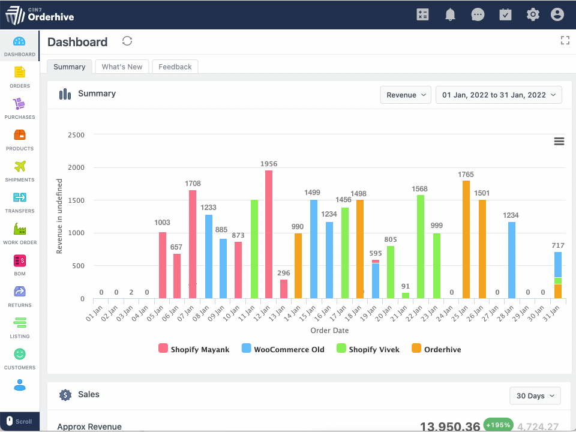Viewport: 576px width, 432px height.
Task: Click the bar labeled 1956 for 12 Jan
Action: click(x=268, y=234)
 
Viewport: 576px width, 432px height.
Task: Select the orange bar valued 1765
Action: click(x=466, y=239)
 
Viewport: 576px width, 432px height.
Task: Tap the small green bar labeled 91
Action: click(x=406, y=295)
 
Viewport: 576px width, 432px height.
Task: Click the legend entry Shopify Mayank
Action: click(x=194, y=349)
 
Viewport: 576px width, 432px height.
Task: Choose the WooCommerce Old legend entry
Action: click(x=283, y=349)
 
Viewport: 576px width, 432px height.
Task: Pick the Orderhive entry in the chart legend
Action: click(x=436, y=349)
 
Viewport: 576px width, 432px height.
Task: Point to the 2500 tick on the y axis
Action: click(x=76, y=135)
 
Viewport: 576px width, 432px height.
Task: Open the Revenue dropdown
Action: click(x=406, y=95)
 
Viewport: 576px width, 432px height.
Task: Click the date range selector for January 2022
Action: click(x=499, y=95)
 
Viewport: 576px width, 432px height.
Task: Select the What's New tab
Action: click(x=122, y=67)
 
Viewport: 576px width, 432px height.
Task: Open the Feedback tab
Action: click(x=175, y=67)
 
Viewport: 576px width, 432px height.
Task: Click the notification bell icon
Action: click(x=451, y=14)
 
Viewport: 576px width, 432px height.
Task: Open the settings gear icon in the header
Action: click(x=533, y=14)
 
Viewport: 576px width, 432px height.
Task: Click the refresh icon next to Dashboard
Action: click(x=127, y=41)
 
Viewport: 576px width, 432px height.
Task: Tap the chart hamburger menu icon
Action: click(x=559, y=141)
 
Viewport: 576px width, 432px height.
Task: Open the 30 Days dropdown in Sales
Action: click(x=535, y=396)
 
